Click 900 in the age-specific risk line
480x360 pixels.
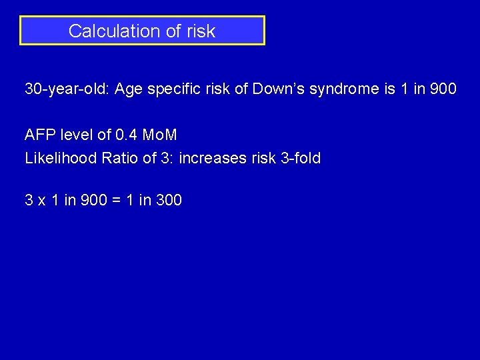click(443, 89)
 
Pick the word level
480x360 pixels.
click(77, 135)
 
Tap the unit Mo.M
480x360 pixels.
click(160, 135)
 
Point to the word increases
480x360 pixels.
click(211, 159)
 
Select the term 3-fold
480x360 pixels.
click(297, 159)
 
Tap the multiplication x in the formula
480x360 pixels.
click(41, 200)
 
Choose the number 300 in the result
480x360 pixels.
click(169, 200)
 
